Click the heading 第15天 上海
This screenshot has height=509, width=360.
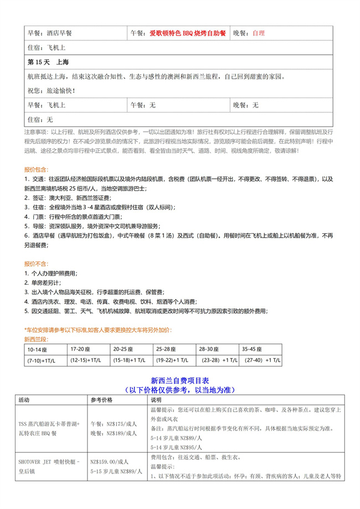pyautogui.click(x=51, y=61)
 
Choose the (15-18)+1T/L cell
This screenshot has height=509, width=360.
pyautogui.click(x=128, y=361)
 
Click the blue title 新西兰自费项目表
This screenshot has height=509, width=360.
pyautogui.click(x=179, y=381)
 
